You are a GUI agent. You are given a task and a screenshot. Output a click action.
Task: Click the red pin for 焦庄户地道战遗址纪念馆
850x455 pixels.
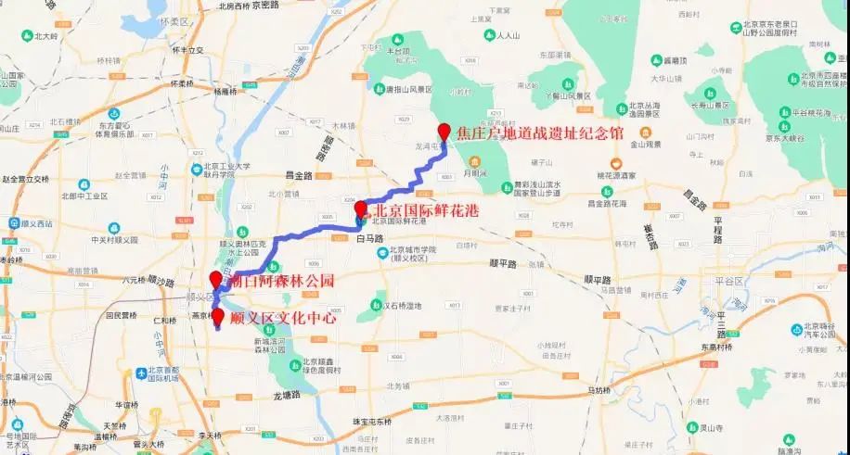[x=444, y=131]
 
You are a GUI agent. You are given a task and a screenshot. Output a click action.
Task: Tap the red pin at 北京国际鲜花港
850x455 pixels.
[x=360, y=208]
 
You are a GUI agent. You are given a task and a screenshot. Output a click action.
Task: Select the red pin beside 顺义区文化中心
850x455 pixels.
[x=217, y=317]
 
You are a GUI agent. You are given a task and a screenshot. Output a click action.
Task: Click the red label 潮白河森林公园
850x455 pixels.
[x=275, y=280]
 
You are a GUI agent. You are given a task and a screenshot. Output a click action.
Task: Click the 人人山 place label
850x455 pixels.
[x=507, y=36]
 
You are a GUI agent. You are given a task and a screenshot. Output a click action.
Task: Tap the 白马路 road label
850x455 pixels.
[x=368, y=237]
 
